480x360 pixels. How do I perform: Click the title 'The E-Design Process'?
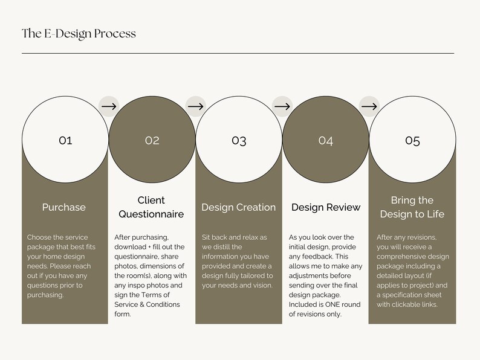tap(79, 33)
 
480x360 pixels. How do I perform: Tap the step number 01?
tap(65, 140)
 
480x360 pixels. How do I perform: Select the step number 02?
tap(152, 140)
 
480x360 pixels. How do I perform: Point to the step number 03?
tap(239, 140)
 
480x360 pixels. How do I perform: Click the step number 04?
tap(326, 140)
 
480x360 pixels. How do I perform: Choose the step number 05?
tap(412, 140)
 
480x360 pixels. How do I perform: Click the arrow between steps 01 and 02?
tap(109, 106)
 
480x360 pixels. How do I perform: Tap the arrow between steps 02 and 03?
tap(196, 106)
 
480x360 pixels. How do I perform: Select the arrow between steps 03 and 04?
tap(282, 106)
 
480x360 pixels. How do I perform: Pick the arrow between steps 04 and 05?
tap(369, 106)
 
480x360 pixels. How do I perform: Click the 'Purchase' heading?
tap(64, 207)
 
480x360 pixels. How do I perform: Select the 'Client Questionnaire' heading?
tap(151, 207)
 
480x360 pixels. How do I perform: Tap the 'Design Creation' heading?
tap(238, 207)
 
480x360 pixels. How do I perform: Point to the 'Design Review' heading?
tap(326, 207)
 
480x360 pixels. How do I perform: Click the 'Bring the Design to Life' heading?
tap(412, 207)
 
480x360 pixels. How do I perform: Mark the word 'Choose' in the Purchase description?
tap(40, 237)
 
